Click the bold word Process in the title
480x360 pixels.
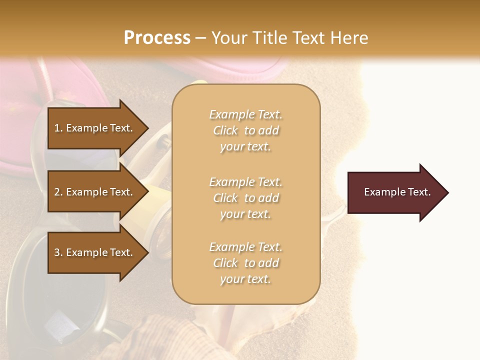point(157,37)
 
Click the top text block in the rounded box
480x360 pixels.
point(245,130)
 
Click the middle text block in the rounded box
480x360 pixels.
point(245,197)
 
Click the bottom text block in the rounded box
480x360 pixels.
point(245,263)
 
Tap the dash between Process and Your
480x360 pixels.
point(201,38)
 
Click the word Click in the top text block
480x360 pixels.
point(225,130)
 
